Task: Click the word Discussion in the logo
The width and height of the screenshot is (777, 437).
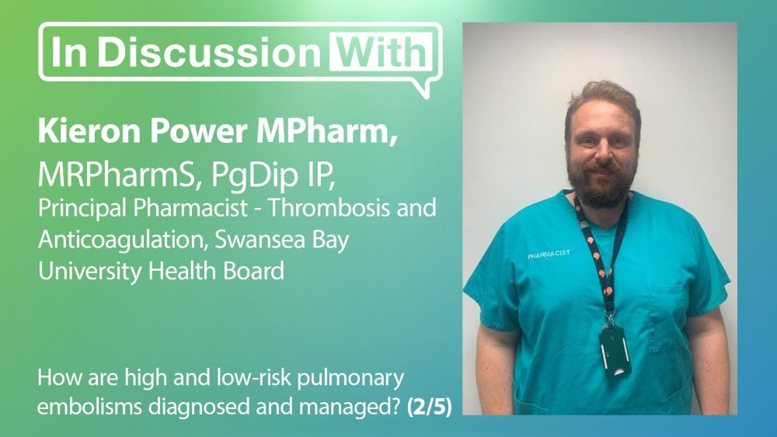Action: [x=209, y=52]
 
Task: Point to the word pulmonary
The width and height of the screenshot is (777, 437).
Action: [x=351, y=379]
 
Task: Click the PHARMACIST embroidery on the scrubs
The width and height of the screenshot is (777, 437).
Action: [x=549, y=255]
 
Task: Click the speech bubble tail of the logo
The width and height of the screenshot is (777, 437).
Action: [x=420, y=87]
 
